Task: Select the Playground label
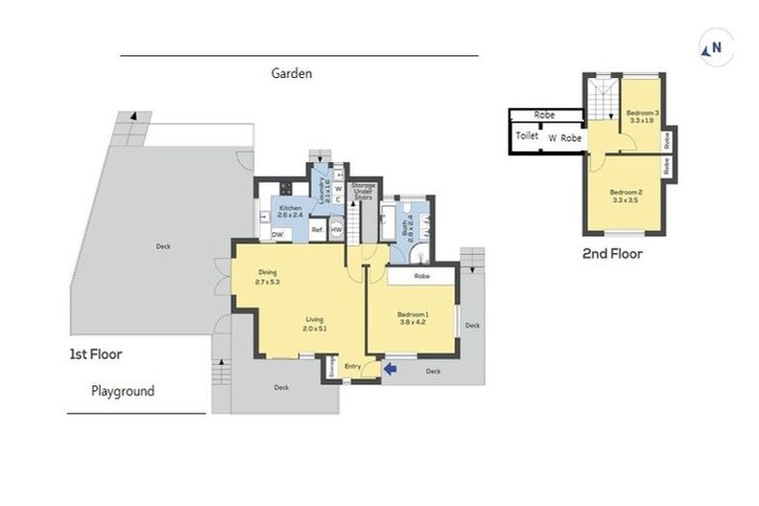point(123,391)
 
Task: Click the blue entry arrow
point(391,370)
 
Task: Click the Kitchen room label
point(290,209)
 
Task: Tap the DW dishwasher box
point(279,234)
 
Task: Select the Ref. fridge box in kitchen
point(318,230)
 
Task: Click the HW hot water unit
point(336,230)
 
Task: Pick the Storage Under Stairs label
point(363,191)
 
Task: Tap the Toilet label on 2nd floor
point(527,136)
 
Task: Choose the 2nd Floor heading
point(613,254)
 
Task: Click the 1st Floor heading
point(95,353)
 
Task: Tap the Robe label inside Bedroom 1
point(422,277)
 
